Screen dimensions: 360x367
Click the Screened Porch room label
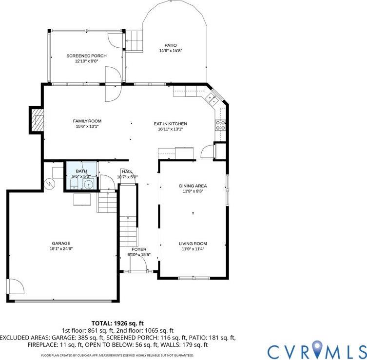[86, 56]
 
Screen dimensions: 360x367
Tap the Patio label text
[170, 45]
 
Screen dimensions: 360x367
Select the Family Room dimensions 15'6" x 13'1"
[87, 126]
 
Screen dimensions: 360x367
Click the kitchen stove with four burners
[220, 125]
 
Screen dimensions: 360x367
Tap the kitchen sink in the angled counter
[213, 99]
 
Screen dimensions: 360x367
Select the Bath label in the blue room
[81, 171]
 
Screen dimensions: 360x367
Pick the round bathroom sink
[88, 185]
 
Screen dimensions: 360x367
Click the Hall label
[127, 171]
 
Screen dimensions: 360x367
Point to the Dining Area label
[193, 186]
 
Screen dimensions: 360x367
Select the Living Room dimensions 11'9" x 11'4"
[193, 249]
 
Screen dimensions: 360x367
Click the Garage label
[61, 243]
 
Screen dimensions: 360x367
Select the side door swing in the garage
[15, 286]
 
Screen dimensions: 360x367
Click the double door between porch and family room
[112, 84]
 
